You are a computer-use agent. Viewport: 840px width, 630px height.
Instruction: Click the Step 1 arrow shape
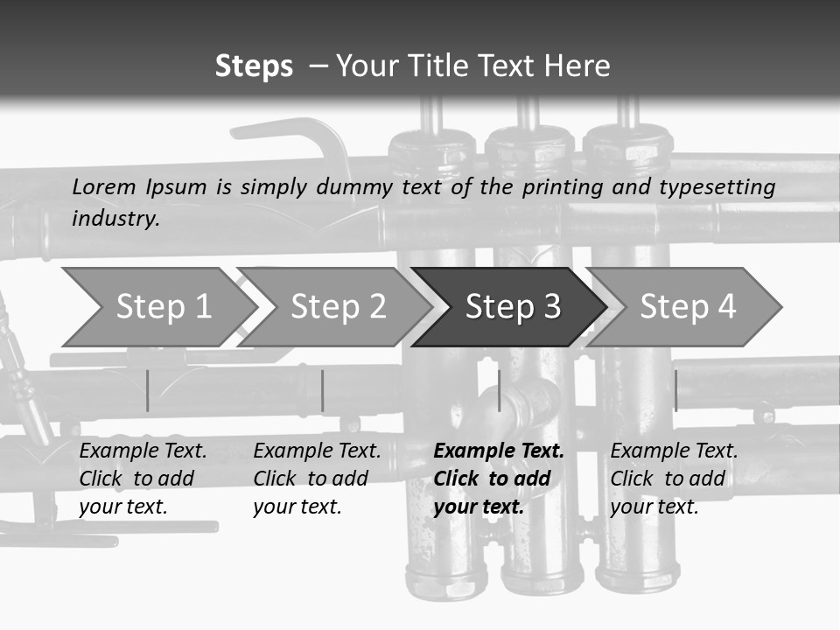[x=163, y=307]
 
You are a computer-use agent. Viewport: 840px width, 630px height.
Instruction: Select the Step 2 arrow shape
[x=338, y=307]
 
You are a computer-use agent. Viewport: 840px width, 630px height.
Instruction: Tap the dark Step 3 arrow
[x=512, y=307]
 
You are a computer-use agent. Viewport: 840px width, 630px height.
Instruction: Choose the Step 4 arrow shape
[x=687, y=307]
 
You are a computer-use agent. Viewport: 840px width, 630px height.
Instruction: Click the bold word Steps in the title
[x=254, y=66]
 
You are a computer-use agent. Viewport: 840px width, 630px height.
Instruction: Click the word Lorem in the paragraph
[x=106, y=186]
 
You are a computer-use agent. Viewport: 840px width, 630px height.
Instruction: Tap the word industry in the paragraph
[x=115, y=218]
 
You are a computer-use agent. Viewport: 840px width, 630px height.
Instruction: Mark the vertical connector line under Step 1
[x=147, y=390]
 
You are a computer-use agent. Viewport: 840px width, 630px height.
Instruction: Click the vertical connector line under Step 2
[x=322, y=390]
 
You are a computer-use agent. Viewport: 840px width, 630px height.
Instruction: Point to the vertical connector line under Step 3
[x=499, y=390]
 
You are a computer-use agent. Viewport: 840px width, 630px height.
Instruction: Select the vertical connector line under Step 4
[x=675, y=390]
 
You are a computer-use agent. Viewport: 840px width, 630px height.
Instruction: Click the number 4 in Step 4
[x=726, y=307]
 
